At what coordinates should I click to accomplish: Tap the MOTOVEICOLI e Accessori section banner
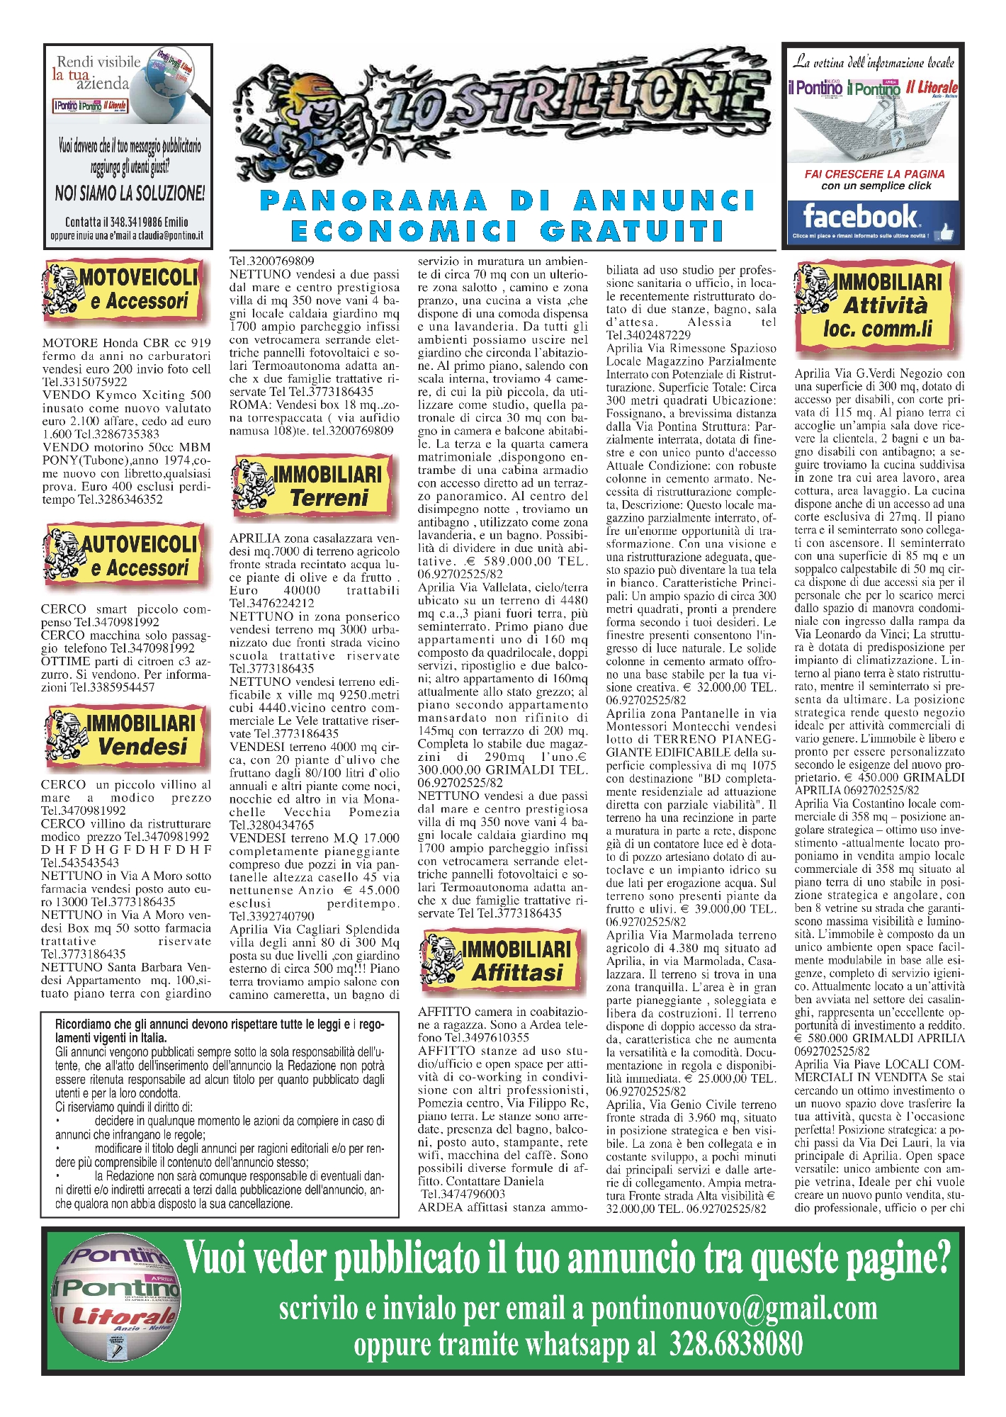pos(124,290)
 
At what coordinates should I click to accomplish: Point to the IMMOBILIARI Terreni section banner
pos(312,485)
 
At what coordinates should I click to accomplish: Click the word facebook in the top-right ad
pos(859,216)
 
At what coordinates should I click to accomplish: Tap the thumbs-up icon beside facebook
pos(945,231)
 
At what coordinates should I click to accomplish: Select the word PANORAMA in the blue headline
pos(374,201)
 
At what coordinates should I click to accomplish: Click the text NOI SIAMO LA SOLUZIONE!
pos(130,193)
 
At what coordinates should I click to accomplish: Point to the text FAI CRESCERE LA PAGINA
pos(874,174)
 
